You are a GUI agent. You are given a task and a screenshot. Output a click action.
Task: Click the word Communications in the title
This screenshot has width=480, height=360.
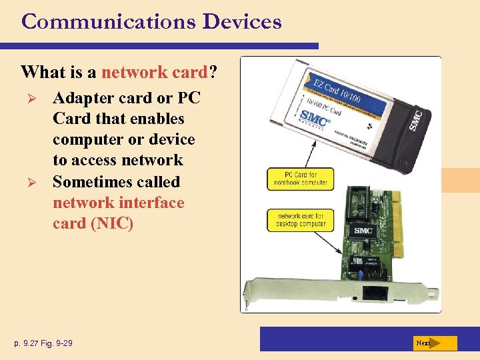click(109, 21)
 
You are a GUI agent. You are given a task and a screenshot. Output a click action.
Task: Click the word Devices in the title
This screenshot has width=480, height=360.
click(242, 21)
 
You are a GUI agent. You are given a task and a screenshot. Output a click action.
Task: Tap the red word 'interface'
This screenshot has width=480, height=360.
click(152, 202)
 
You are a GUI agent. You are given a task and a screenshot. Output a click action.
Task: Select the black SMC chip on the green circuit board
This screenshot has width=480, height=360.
click(364, 230)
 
